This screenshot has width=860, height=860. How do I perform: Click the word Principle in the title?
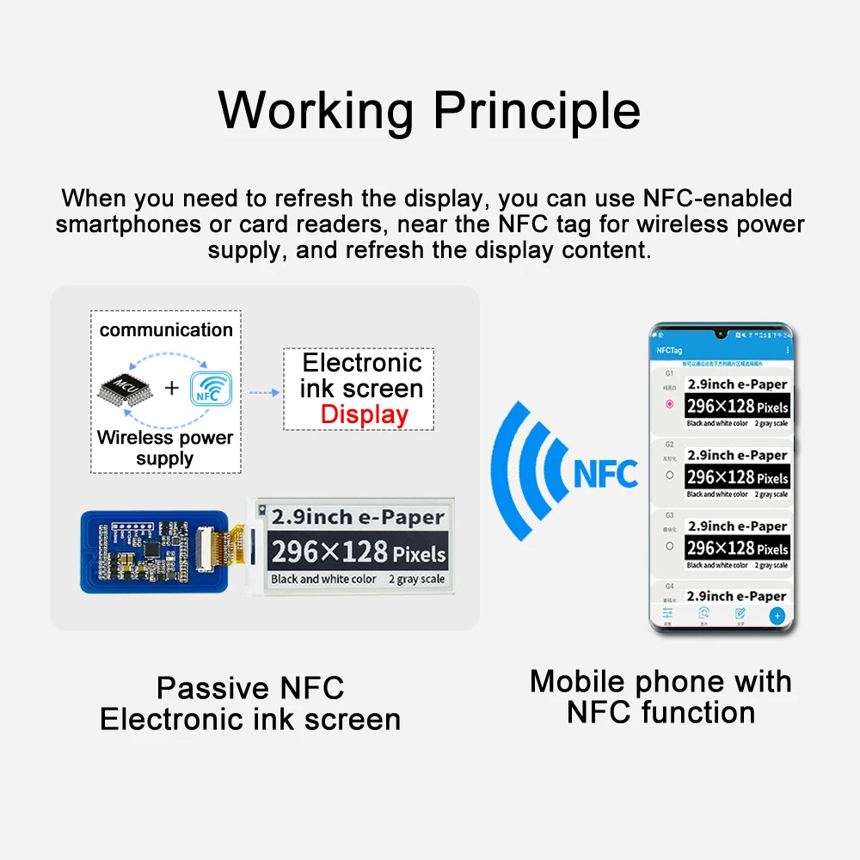point(536,111)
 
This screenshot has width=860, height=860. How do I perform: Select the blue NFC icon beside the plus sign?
point(210,388)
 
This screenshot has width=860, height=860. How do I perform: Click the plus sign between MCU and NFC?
point(172,388)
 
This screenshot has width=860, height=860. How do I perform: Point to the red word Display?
point(364,415)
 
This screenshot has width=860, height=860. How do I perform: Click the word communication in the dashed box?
point(166,329)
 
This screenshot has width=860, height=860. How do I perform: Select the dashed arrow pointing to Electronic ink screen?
point(264,392)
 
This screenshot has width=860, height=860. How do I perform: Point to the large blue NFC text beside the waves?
point(605,473)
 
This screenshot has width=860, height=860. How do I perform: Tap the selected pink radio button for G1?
point(669,404)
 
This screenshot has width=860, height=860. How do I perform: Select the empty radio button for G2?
point(669,475)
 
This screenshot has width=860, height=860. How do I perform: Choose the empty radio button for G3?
point(669,546)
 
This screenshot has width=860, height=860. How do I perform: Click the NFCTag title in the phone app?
point(669,350)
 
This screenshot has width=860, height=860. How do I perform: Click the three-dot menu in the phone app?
point(788,350)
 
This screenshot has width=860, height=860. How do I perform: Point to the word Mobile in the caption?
point(579,681)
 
